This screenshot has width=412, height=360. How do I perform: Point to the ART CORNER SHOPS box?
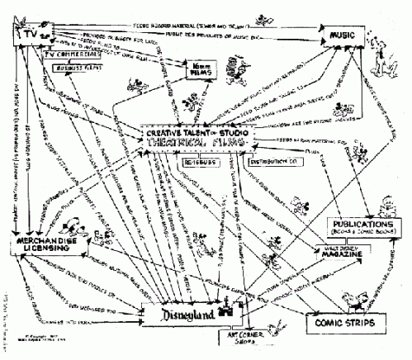240,341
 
